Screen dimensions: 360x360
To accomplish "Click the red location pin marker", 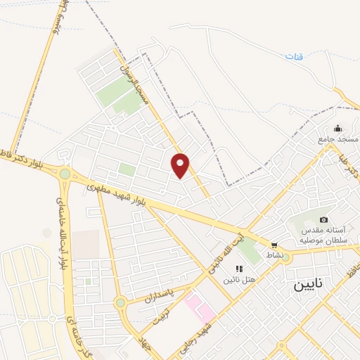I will point(181,165).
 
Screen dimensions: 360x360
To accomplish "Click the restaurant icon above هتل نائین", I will point(239,269).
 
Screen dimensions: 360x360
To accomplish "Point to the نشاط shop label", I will point(274,255).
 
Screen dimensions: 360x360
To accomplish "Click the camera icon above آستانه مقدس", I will point(323,220).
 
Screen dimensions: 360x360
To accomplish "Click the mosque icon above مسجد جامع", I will point(338,129).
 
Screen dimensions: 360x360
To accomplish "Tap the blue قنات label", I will point(295,56).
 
